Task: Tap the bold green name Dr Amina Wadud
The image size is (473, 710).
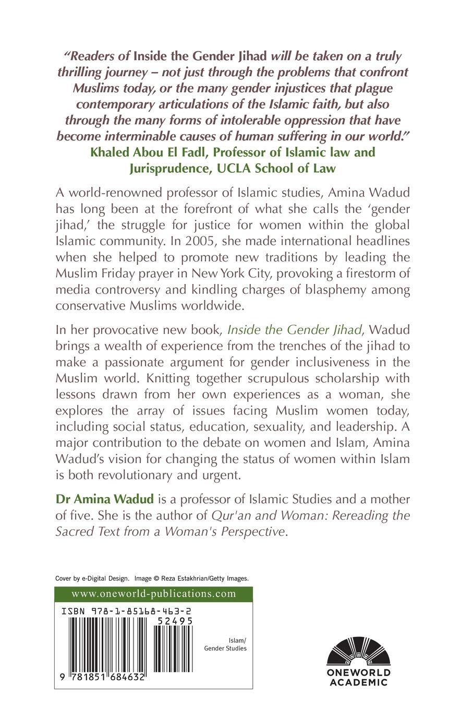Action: pyautogui.click(x=104, y=499)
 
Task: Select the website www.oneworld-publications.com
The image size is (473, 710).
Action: pyautogui.click(x=153, y=594)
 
